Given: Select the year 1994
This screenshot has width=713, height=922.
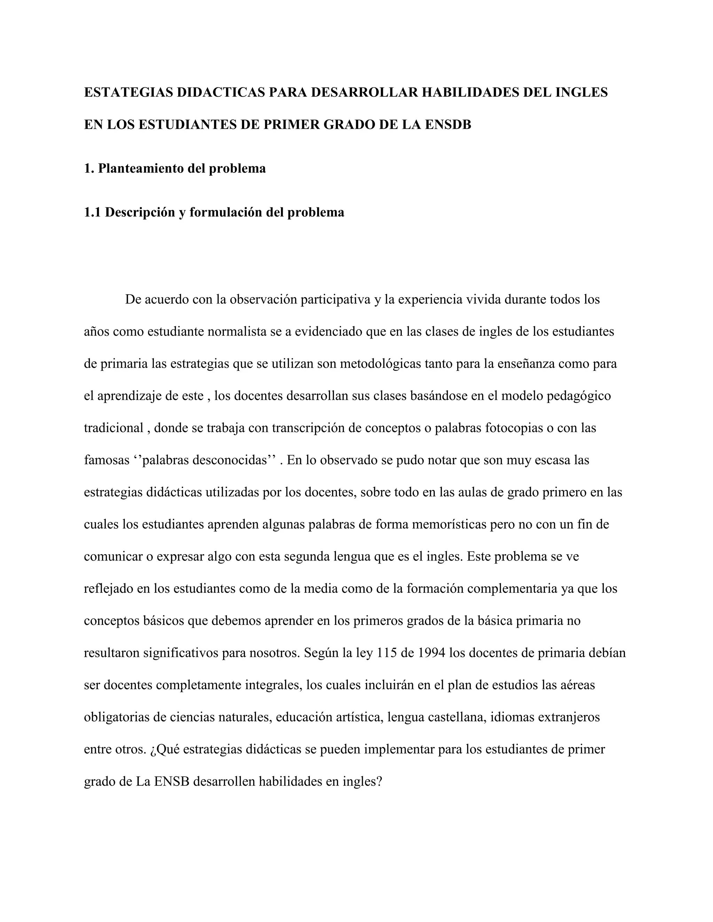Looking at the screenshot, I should (432, 653).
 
